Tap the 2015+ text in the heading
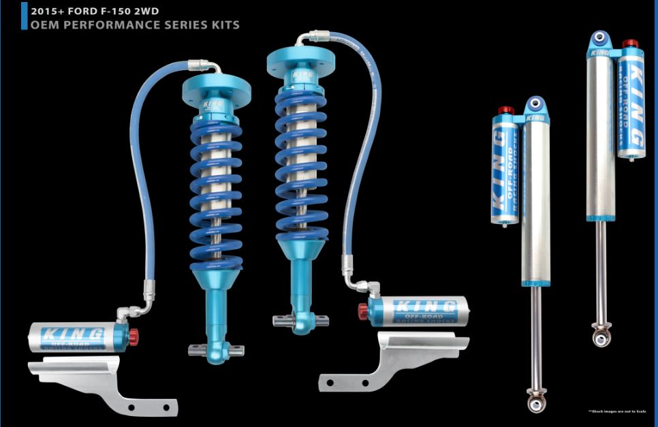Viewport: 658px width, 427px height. (47, 11)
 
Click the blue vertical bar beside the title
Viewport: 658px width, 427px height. (25, 16)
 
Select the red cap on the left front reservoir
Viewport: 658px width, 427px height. (134, 335)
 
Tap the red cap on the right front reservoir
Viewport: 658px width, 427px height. (361, 310)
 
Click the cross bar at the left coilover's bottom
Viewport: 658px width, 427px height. (216, 349)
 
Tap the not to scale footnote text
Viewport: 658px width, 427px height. (616, 411)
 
